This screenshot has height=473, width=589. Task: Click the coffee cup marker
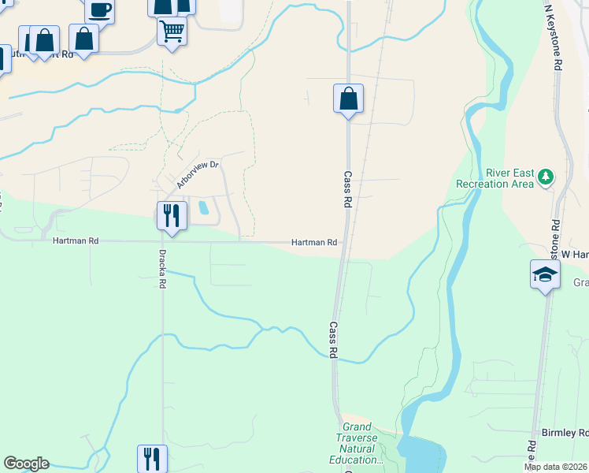(100, 10)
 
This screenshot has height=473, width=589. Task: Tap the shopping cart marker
(172, 32)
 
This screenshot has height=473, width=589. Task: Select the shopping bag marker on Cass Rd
(348, 99)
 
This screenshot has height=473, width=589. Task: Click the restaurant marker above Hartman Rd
(172, 215)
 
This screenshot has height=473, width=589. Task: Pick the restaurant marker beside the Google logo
(152, 458)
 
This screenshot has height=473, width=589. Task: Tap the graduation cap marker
(545, 275)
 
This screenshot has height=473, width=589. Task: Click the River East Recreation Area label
(494, 178)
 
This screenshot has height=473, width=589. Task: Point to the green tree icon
(545, 178)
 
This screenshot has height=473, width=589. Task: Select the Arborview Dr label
(197, 174)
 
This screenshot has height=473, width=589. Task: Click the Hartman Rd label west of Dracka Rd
(76, 241)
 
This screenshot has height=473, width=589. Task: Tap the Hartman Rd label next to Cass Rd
(314, 243)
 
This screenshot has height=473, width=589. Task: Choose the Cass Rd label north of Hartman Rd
(346, 189)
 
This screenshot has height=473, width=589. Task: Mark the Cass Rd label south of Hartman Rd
(334, 340)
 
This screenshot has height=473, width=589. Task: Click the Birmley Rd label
(565, 433)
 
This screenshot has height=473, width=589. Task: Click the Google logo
(26, 464)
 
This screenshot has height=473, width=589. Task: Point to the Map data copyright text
(556, 467)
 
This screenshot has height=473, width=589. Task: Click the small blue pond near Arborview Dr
(204, 208)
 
